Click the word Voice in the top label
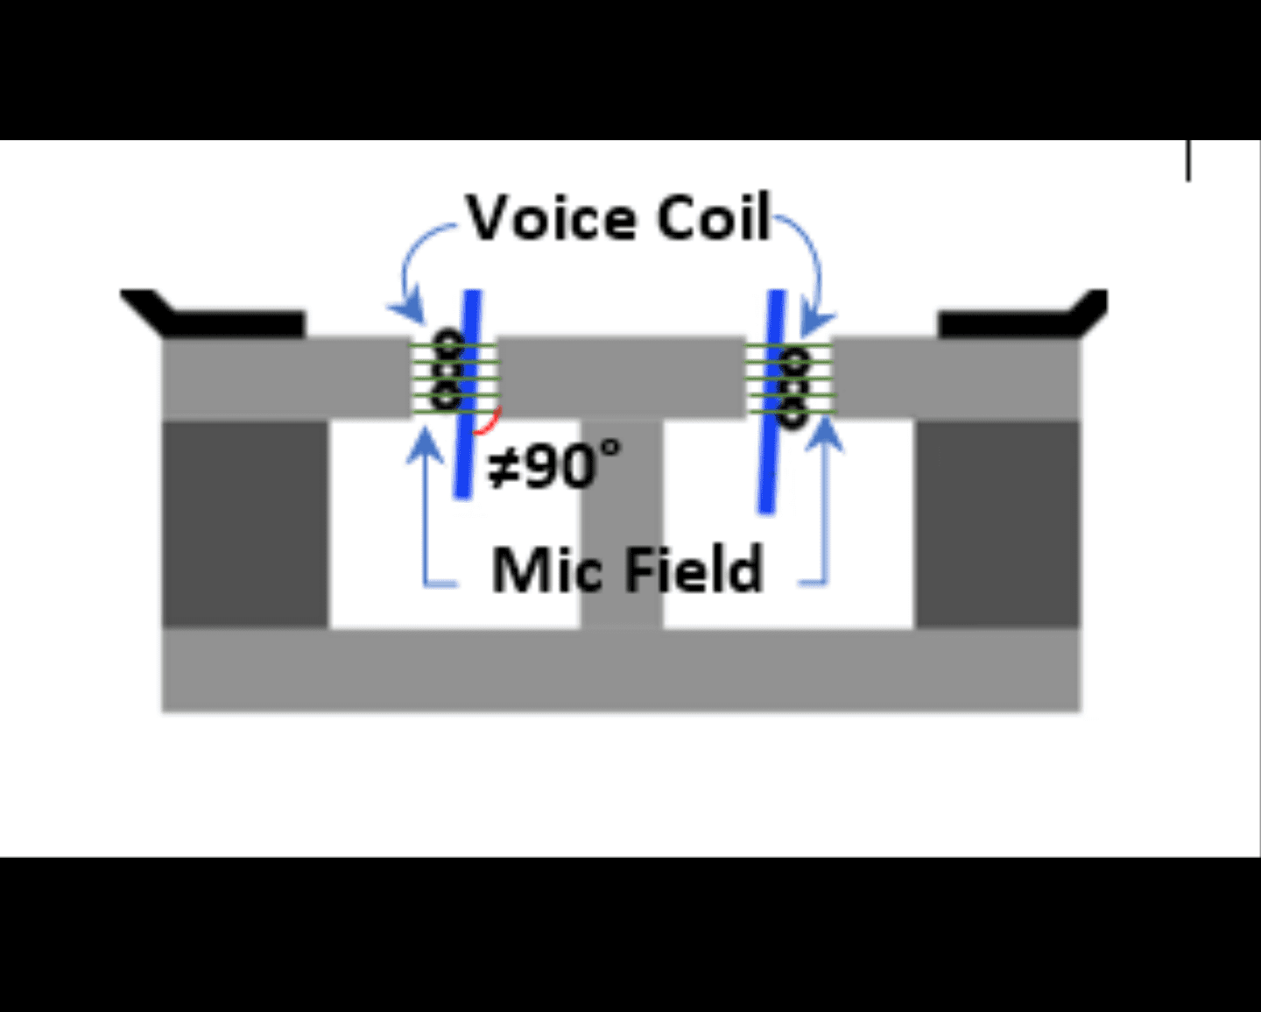pos(553,218)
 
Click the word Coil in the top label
pos(713,216)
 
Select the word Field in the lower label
pos(694,568)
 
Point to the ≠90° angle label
pos(554,465)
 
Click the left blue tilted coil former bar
pos(468,394)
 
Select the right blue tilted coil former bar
pos(771,402)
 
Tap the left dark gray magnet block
pos(245,524)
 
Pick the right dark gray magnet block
pos(998,524)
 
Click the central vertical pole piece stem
pos(622,524)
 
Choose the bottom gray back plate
pos(621,670)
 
